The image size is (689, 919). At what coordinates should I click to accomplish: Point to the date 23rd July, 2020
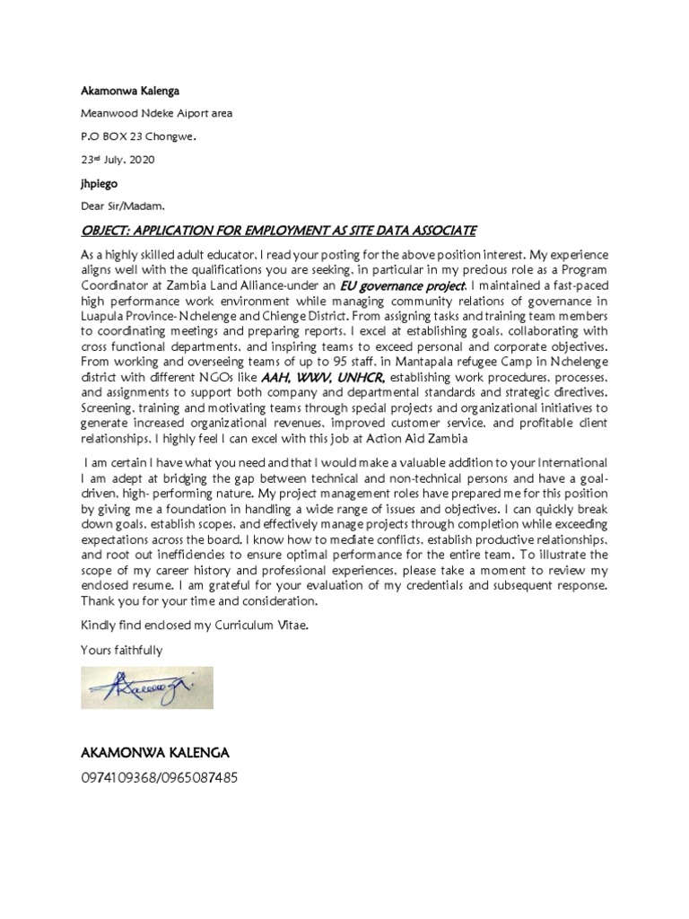[x=117, y=160]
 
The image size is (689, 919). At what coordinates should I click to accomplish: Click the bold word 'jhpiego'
[x=100, y=182]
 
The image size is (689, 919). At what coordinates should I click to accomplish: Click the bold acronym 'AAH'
[x=275, y=378]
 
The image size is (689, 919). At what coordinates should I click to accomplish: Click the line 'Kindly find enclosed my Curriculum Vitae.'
[x=195, y=625]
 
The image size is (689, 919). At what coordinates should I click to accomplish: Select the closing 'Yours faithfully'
[x=121, y=649]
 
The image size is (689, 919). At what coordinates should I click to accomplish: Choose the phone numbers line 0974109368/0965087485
[x=160, y=777]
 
